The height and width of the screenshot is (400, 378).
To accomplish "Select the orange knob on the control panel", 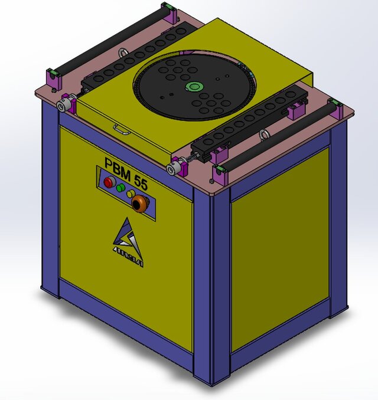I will pyautogui.click(x=140, y=205).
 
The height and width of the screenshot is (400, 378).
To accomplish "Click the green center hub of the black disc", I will pyautogui.click(x=193, y=86).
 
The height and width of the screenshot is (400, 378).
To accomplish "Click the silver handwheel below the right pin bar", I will pyautogui.click(x=174, y=170).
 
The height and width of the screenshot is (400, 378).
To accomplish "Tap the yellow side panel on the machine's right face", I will pyautogui.click(x=279, y=248).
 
